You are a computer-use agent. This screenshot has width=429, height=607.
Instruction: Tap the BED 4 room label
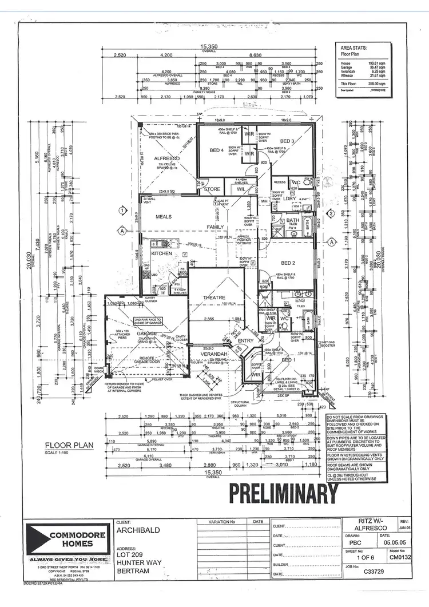(x=216, y=150)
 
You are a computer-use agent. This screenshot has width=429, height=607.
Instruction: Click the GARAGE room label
(x=146, y=333)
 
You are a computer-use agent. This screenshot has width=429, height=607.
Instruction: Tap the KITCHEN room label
(x=162, y=253)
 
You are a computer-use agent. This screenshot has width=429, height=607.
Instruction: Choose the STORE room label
(x=213, y=189)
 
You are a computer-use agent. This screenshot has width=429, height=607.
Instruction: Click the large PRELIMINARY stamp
(x=284, y=494)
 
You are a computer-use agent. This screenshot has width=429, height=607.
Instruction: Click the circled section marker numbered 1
(x=122, y=211)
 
